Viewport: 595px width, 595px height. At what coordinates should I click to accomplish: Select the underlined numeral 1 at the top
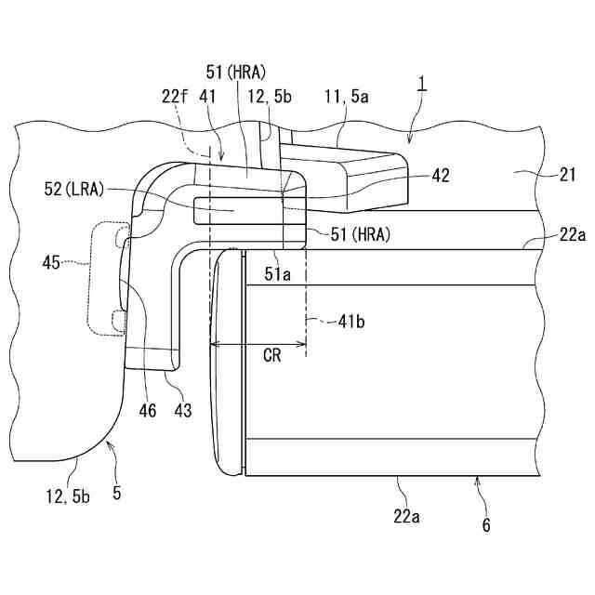pyautogui.click(x=422, y=84)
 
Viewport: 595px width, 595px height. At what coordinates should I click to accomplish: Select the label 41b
pyautogui.click(x=350, y=323)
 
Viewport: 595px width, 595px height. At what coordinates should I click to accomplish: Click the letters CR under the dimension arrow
pyautogui.click(x=272, y=356)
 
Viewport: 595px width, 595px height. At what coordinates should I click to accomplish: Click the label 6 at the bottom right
pyautogui.click(x=485, y=524)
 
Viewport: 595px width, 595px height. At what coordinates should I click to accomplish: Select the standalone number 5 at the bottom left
pyautogui.click(x=116, y=494)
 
